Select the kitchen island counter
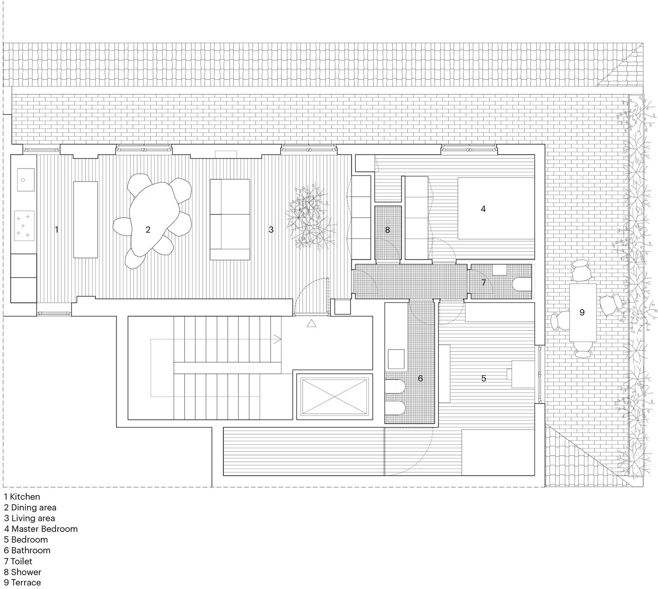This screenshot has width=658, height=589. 86,219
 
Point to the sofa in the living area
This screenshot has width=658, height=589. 229,219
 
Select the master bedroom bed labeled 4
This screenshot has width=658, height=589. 496,208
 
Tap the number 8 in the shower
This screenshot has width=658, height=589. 387,230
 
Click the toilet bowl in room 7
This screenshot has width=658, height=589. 522,284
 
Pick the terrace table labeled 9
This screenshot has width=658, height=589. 583,312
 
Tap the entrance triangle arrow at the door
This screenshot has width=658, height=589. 311,324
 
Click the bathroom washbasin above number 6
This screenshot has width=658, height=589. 396,359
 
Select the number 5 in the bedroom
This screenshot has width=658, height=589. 484,378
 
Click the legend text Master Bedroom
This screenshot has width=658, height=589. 44,529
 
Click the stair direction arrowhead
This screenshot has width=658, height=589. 280,340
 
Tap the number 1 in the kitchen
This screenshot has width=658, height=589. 57,230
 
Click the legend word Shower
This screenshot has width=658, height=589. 26,572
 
